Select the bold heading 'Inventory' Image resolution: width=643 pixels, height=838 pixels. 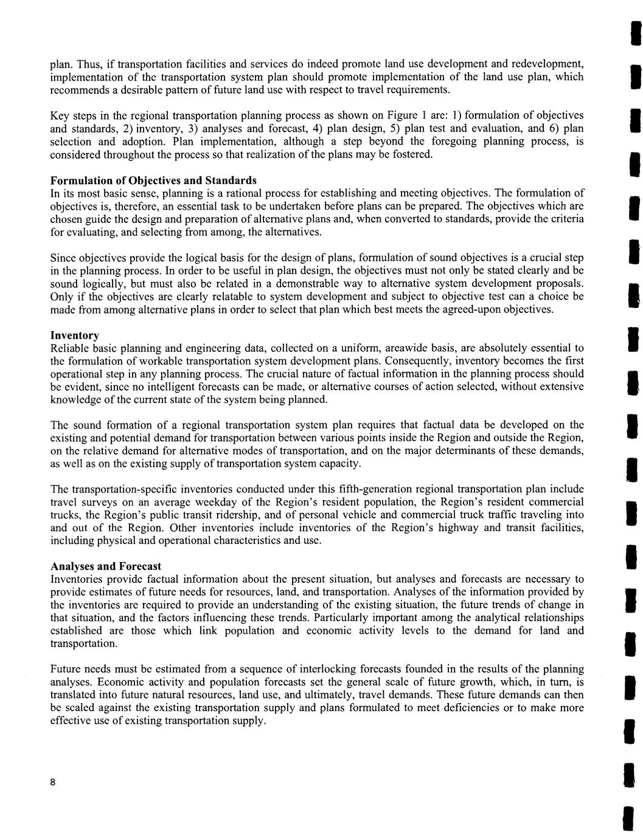(74, 335)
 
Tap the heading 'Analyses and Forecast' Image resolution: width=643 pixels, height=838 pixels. (105, 566)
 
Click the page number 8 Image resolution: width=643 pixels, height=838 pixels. (54, 783)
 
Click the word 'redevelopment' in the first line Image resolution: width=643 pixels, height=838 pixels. (551, 64)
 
